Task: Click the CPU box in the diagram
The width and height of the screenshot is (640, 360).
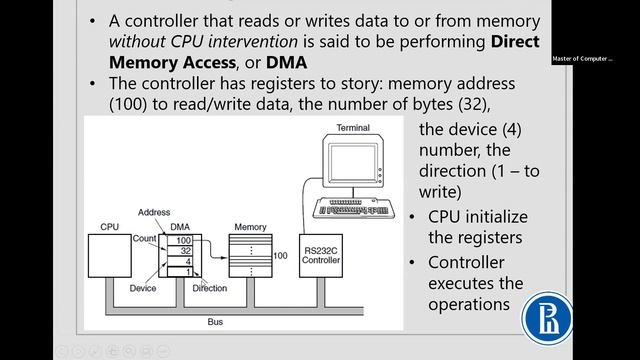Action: click(110, 256)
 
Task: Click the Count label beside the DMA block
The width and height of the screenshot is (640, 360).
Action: click(144, 240)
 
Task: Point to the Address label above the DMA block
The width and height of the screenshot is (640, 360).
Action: click(154, 213)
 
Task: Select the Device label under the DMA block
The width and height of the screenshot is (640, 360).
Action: click(142, 289)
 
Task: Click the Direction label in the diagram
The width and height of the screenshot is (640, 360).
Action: click(210, 289)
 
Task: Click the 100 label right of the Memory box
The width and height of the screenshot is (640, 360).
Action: click(281, 257)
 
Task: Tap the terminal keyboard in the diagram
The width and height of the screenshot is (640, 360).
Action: click(356, 207)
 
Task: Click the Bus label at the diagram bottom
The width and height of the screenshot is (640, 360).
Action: click(215, 322)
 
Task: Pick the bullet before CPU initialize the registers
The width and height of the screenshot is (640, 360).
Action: click(416, 218)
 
